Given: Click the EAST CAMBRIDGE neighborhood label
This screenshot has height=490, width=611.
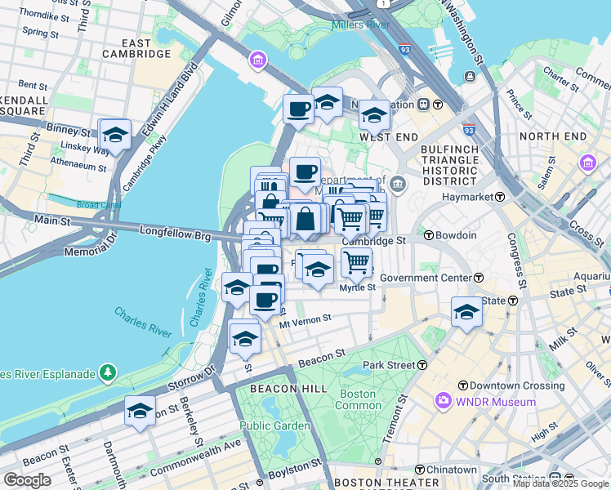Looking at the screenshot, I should (136, 48).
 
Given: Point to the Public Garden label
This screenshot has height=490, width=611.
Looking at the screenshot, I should (274, 425).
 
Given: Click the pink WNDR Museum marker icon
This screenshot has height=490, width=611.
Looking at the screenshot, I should (443, 401).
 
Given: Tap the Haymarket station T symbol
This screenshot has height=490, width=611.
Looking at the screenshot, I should (498, 197).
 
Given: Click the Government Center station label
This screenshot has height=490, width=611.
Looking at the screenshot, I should (421, 278).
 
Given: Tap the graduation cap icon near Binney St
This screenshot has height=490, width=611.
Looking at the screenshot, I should (115, 135).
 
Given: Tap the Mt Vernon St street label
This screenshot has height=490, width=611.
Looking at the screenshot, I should (305, 322).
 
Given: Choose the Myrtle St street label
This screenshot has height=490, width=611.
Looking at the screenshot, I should (357, 287).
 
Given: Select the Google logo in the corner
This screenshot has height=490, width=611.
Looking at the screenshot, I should (27, 480).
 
